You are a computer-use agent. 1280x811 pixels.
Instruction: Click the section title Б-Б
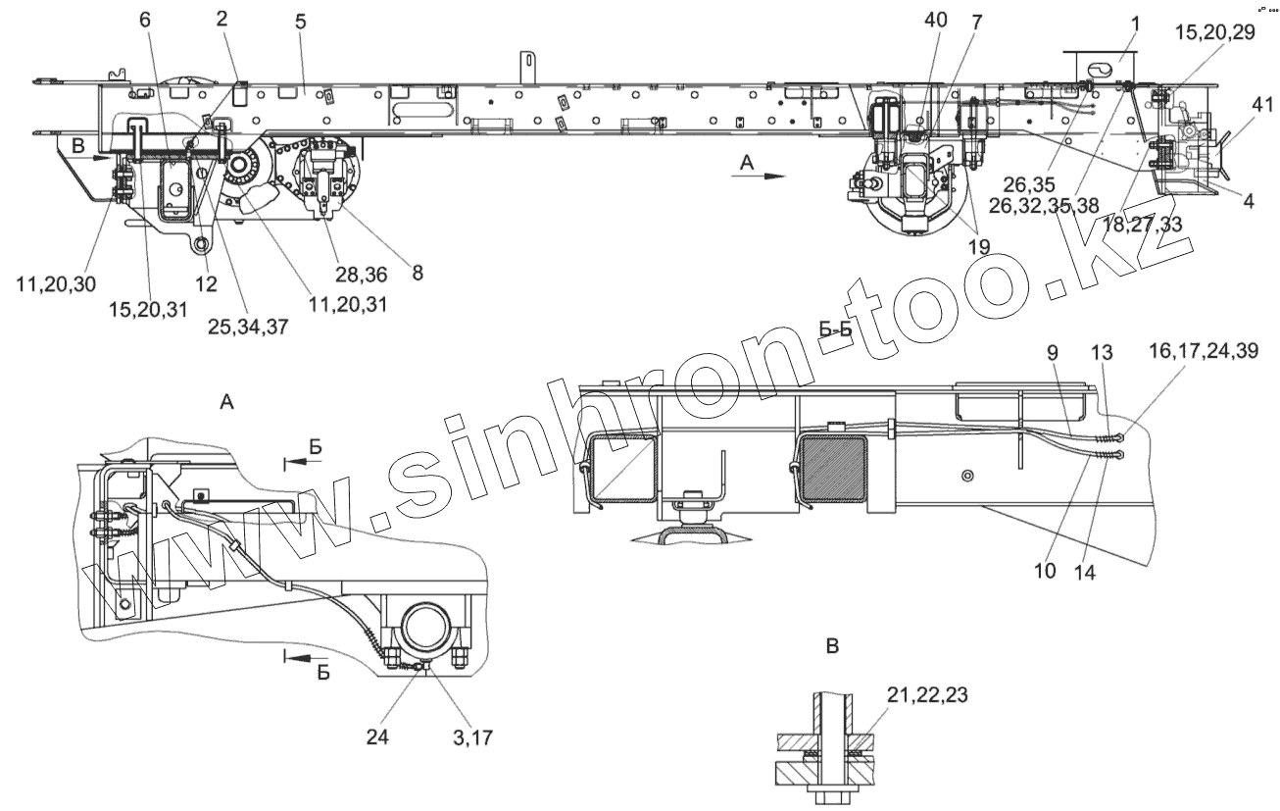click(836, 330)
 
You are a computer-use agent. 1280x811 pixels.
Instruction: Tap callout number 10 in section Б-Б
click(1045, 570)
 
